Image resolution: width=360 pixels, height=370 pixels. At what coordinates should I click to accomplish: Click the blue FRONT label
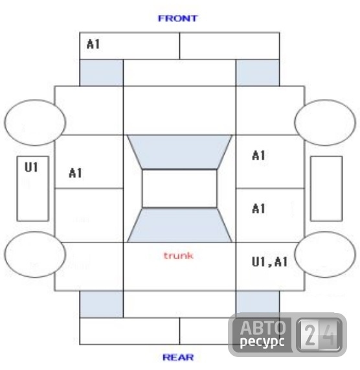(177, 18)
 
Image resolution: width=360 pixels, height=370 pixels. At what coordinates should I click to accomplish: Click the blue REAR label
(178, 357)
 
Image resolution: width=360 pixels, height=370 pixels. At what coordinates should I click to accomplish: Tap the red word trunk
(179, 255)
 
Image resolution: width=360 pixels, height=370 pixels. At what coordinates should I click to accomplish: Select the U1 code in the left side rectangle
(31, 167)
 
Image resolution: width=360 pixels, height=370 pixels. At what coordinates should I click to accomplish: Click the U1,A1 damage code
(270, 262)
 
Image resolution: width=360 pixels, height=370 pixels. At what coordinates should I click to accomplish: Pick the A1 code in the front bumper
(93, 44)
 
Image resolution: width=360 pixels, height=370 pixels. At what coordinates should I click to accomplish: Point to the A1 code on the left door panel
(76, 173)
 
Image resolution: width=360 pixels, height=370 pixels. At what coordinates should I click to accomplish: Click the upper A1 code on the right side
(258, 156)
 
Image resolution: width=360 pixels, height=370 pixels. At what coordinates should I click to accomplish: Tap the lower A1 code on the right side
(258, 209)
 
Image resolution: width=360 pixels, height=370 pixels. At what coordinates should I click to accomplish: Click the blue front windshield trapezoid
(179, 152)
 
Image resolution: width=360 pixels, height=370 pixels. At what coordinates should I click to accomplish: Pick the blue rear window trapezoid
(179, 225)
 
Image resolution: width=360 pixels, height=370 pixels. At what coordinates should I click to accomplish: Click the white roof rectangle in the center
(179, 189)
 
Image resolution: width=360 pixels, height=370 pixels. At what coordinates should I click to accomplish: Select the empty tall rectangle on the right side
(326, 189)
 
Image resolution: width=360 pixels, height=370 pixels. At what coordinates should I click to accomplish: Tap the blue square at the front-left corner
(102, 73)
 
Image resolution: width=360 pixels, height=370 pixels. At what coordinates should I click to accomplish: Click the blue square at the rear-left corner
(102, 304)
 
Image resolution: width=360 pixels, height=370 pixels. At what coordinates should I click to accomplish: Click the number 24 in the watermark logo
(319, 334)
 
